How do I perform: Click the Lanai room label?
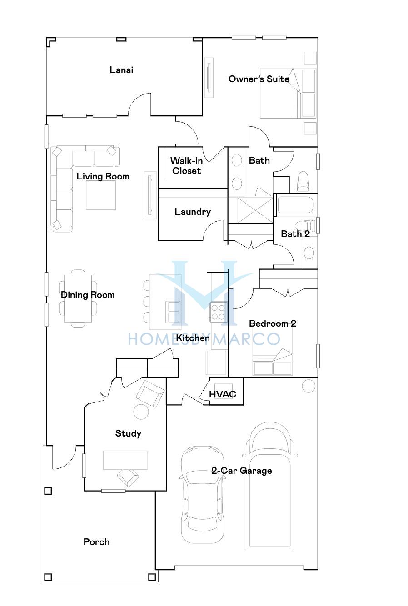pos(121,70)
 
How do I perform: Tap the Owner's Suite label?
pos(259,79)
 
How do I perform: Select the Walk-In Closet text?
pos(186,166)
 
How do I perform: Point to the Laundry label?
pos(193,212)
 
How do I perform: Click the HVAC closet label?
pos(222,394)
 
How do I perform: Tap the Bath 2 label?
pos(295,234)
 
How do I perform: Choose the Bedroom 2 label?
pos(273,323)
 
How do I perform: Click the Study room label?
pos(128,433)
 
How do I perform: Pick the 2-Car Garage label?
pos(242,471)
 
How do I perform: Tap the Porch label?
pos(97,542)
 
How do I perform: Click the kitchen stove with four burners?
pos(218,312)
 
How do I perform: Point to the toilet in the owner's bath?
pos(303,182)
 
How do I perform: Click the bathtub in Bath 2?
pos(295,205)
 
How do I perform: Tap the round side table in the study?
pos(141,412)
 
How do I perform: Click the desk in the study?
pos(125,460)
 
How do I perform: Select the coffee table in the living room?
pos(101,195)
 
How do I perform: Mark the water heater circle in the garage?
pos(308,386)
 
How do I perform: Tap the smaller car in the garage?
pos(203,495)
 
